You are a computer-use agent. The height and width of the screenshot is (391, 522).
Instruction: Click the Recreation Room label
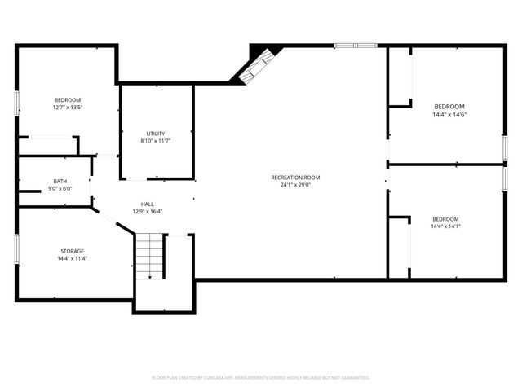click(x=295, y=178)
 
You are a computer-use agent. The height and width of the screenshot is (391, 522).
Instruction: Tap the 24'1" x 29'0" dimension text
click(x=295, y=185)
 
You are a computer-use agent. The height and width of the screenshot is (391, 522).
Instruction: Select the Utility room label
click(x=156, y=134)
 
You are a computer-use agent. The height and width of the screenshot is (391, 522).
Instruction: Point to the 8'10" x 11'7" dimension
click(x=156, y=141)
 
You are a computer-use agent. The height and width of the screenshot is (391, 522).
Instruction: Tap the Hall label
click(x=147, y=204)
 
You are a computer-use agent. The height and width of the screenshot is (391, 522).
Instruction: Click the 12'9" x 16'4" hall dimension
click(x=147, y=212)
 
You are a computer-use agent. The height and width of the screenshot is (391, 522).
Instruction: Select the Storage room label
click(x=71, y=251)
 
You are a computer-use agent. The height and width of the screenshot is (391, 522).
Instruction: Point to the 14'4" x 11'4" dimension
click(x=71, y=258)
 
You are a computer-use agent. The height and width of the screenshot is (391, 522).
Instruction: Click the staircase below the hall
click(x=150, y=256)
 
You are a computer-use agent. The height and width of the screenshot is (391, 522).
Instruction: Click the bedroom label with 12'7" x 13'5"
click(x=68, y=99)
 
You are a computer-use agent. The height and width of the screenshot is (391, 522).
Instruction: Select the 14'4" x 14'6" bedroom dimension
click(x=449, y=115)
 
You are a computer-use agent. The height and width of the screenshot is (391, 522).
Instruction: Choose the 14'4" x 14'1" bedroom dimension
click(x=445, y=226)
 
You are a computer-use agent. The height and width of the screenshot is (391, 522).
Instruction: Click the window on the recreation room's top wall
click(x=356, y=46)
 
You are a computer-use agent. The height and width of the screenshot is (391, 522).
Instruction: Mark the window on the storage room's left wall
click(x=17, y=248)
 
